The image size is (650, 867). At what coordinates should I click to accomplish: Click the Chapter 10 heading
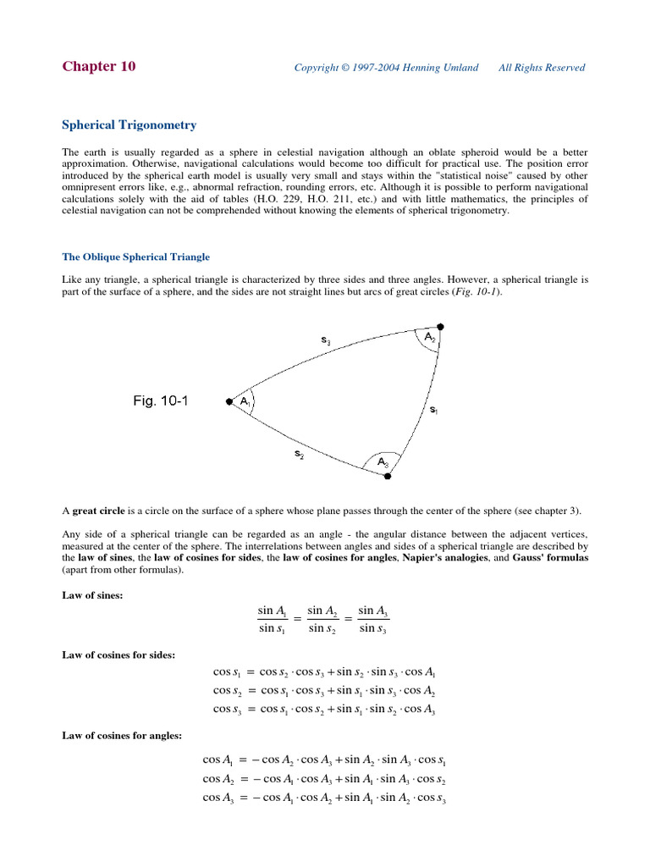(98, 67)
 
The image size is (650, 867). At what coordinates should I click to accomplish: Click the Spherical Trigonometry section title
(129, 124)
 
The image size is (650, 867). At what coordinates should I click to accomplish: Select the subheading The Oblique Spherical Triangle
(135, 257)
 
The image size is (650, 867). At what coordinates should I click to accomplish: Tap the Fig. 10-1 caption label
(161, 401)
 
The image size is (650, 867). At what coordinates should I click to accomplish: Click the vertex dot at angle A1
(229, 402)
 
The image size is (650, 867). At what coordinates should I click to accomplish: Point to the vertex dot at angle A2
(440, 326)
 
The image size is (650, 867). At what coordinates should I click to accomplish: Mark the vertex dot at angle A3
(388, 477)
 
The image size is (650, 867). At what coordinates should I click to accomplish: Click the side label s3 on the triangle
(326, 341)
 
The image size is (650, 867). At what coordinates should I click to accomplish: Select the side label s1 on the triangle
(433, 410)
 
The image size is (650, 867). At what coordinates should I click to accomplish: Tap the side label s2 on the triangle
(300, 454)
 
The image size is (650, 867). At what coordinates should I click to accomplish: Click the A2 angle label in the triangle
(429, 337)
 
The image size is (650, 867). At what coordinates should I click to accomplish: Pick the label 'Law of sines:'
(93, 596)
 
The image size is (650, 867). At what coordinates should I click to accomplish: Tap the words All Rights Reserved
(542, 68)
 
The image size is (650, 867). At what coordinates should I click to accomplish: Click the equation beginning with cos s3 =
(324, 709)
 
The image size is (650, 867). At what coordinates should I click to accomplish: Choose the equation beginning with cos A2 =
(324, 779)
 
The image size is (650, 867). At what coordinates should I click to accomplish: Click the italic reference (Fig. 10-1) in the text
(477, 291)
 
